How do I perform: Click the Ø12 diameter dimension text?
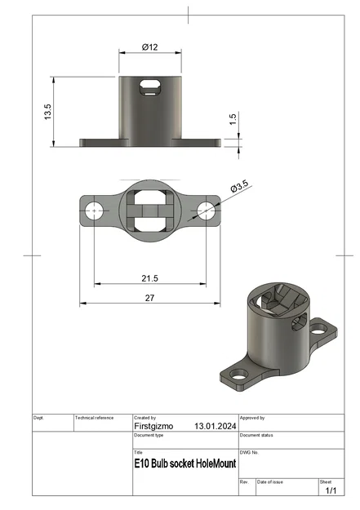click(149, 47)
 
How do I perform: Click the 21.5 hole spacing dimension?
click(149, 278)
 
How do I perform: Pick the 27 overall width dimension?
click(149, 298)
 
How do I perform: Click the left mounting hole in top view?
click(96, 211)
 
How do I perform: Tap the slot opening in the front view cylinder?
click(150, 84)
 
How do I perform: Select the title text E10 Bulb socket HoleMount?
click(185, 463)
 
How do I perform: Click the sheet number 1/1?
click(331, 491)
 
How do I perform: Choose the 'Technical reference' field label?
click(95, 418)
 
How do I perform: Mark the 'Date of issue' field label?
click(271, 482)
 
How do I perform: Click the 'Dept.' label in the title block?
click(38, 418)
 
